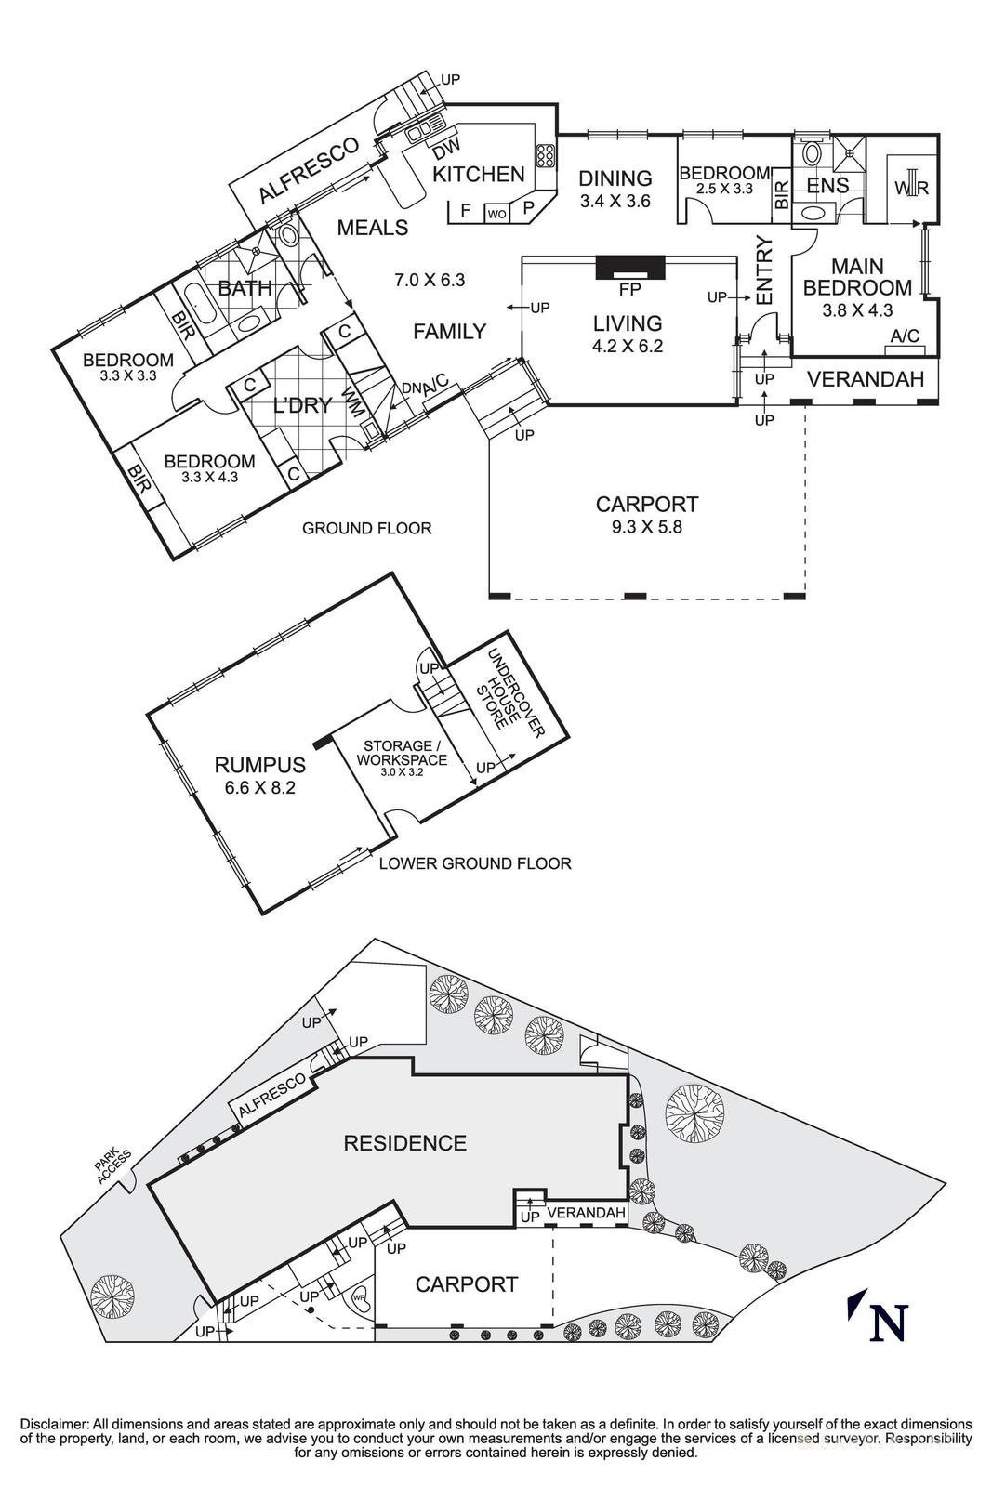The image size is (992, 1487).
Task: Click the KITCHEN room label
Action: pyautogui.click(x=479, y=174)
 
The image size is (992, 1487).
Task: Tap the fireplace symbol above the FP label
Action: pyautogui.click(x=630, y=267)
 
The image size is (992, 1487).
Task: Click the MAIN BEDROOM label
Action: pyautogui.click(x=857, y=277)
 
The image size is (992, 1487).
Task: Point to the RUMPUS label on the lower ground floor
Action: pyautogui.click(x=259, y=765)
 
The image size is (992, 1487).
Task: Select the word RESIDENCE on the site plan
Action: pyautogui.click(x=404, y=1142)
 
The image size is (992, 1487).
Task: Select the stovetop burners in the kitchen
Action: pyautogui.click(x=545, y=155)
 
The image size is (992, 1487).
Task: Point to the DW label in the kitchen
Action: pyautogui.click(x=447, y=147)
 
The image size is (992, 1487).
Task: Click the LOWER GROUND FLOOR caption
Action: pyautogui.click(x=475, y=863)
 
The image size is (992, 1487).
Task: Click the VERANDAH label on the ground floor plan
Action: pyautogui.click(x=865, y=379)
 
